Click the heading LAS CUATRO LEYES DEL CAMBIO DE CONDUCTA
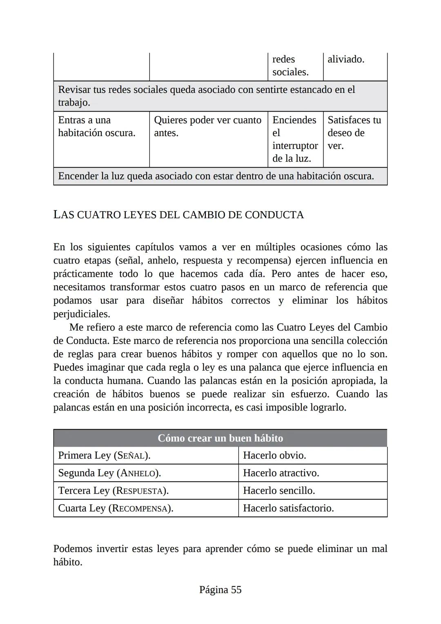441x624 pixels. [x=178, y=215]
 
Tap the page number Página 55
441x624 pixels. [x=220, y=590]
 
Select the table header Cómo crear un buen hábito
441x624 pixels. [x=220, y=438]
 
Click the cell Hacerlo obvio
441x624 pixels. [x=274, y=455]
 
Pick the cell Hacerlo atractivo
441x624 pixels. [x=281, y=473]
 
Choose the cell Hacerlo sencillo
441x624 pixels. [x=279, y=490]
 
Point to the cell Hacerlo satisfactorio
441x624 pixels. [x=288, y=508]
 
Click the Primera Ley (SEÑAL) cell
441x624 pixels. [x=104, y=455]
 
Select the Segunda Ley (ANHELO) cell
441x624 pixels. [x=109, y=473]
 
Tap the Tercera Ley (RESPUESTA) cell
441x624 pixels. [x=113, y=490]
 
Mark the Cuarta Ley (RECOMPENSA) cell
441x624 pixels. [x=116, y=508]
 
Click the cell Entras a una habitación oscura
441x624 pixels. [x=97, y=127]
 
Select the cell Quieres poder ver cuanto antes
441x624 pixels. [x=207, y=127]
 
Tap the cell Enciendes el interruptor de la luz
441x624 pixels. [x=295, y=139]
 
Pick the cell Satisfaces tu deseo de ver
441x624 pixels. [x=354, y=133]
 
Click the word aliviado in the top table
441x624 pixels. [x=346, y=59]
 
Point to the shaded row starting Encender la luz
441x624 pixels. [x=216, y=176]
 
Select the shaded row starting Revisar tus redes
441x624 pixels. [x=206, y=96]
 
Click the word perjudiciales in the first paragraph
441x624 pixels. [x=81, y=314]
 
